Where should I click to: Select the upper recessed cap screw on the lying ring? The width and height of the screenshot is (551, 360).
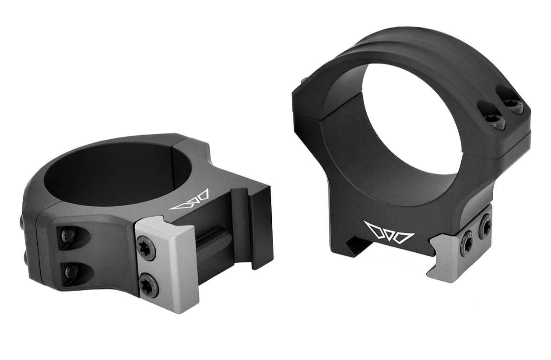pos(68,236)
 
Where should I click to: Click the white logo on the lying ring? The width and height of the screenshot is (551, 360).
pos(190,200)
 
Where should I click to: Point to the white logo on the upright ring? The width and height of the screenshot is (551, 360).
pos(389,232)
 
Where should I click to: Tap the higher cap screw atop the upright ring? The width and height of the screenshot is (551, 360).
pos(512,105)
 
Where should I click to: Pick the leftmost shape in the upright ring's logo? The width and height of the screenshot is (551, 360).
pos(373,229)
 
